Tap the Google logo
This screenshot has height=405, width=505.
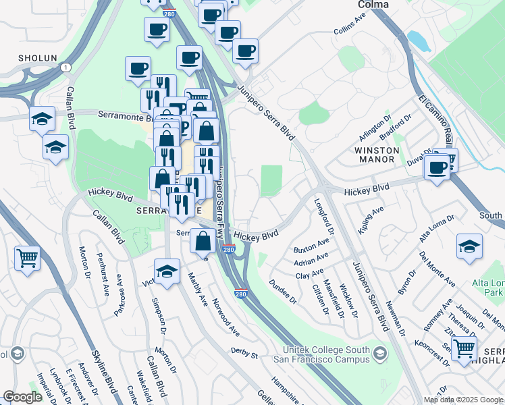pos(22,397)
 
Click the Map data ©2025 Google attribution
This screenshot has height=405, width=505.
pos(463,400)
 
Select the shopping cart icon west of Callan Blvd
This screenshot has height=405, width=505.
pos(27,257)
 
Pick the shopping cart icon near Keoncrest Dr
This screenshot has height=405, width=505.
pos(464,348)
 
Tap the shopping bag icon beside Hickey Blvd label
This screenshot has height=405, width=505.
pos(203,240)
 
